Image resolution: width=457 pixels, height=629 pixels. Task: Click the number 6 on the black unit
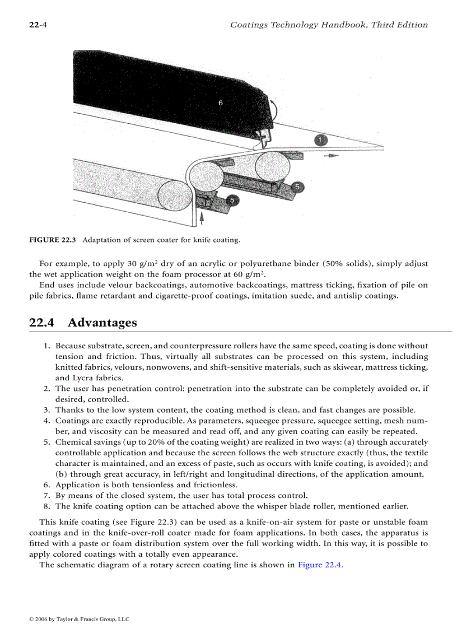(x=221, y=103)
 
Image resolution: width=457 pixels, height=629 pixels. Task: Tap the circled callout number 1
(x=319, y=140)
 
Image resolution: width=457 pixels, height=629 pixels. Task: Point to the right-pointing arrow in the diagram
(x=331, y=156)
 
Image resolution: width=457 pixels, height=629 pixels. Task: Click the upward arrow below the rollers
(x=201, y=217)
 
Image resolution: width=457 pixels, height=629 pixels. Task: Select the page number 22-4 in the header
(x=38, y=25)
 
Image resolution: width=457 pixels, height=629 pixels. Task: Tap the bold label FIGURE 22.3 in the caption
(x=53, y=240)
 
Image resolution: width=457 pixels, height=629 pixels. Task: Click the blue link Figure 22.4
(x=319, y=565)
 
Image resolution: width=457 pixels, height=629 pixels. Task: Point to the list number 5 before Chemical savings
(x=47, y=442)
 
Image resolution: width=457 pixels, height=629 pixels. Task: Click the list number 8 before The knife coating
(x=47, y=506)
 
